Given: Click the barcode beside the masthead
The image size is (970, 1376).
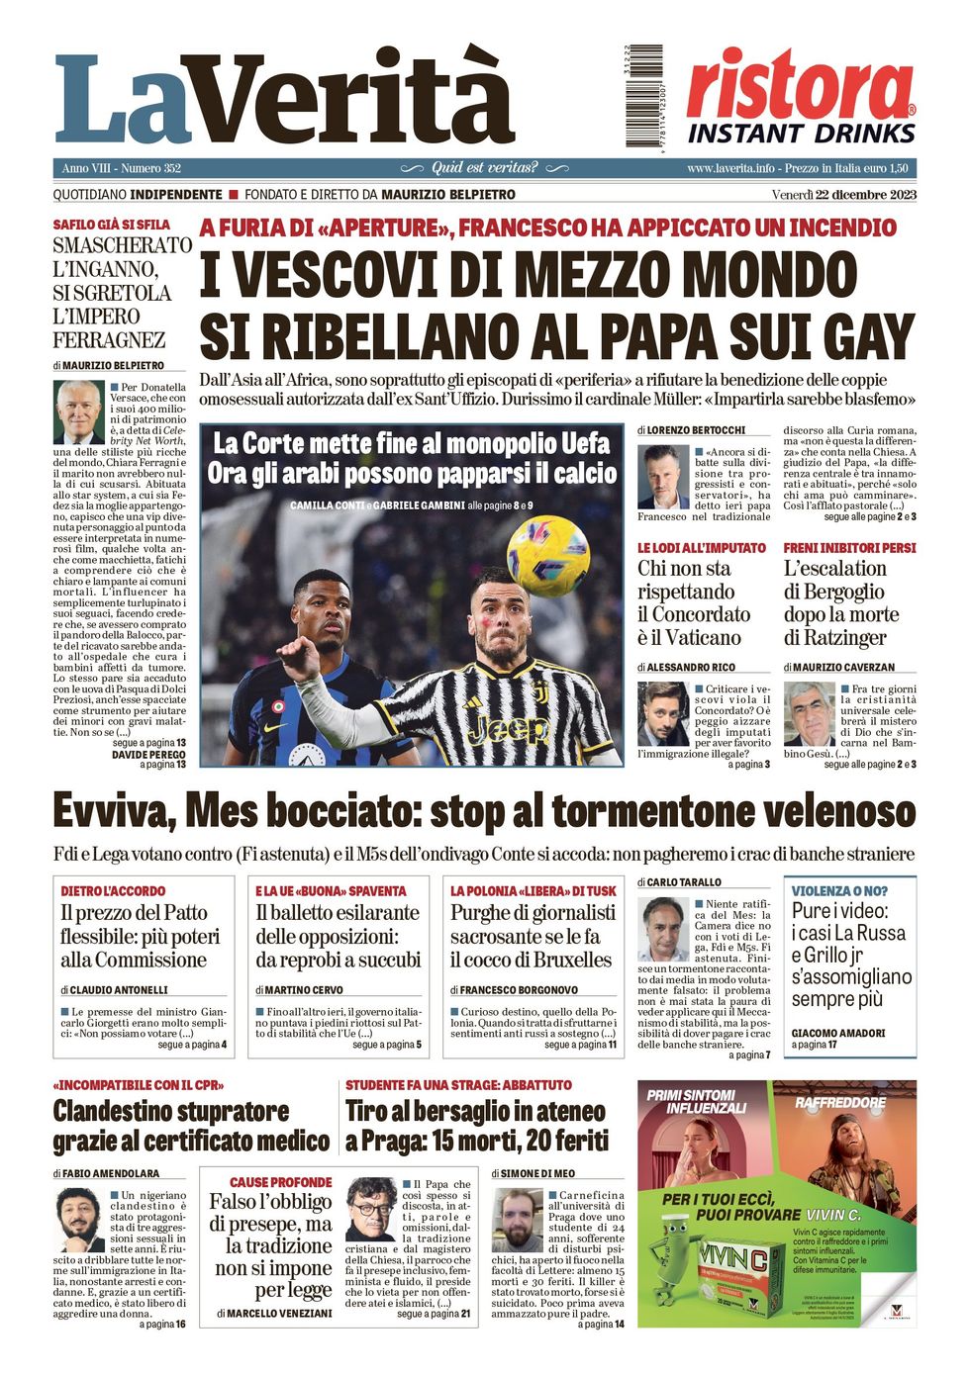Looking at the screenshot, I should pos(643,96).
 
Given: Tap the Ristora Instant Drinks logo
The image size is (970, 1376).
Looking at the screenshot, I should pos(801,98).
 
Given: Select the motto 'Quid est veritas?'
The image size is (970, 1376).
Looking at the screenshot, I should pos(484,168).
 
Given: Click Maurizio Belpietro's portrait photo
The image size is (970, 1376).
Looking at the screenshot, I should pos(78,412).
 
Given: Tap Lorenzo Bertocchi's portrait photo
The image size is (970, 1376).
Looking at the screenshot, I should pos(662,477).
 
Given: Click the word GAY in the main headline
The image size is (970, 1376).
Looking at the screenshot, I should pos(858,336).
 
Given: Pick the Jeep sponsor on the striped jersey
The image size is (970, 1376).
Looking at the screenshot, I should pos(509,730).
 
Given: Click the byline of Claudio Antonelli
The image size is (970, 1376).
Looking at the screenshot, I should pos(118,989).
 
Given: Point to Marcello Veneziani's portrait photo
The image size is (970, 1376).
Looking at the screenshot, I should pos(371,1209).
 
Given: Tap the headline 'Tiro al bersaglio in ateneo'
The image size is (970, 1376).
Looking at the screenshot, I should pos(475,1111).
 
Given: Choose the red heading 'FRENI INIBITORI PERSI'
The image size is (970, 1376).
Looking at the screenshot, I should pos(849,548).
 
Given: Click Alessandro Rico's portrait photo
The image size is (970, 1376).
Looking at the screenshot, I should pos(662,713).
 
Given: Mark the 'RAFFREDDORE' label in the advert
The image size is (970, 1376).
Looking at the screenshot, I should pos(840,1102).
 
